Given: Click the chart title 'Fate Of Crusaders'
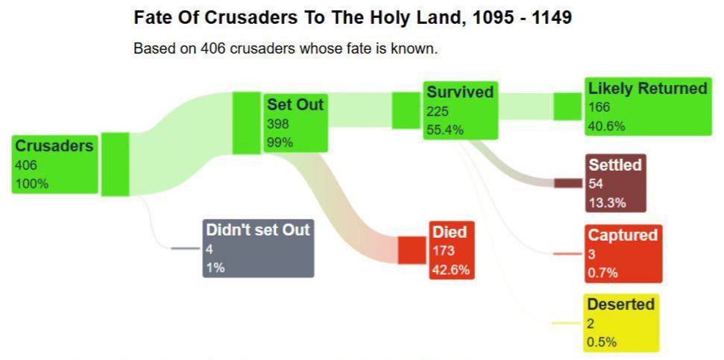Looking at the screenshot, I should coord(352,18).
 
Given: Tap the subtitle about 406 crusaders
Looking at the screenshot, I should coord(286,48).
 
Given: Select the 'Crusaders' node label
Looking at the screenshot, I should coord(54,146).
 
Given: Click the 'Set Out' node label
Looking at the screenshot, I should coord(295,105).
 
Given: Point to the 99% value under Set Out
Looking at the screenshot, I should coord(280,142).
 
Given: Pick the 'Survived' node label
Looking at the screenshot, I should coord(460,92).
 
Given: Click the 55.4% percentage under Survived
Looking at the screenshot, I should coord(445,130).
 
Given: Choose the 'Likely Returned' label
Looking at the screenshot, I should coord(647,89).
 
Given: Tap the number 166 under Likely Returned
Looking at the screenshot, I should coord(599,107).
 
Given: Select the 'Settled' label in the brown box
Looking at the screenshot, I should coord(614,165).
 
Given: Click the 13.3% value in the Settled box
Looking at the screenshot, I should coord(607,202).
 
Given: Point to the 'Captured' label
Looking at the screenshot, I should coord(623,236).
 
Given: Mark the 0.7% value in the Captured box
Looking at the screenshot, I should coord(602,273).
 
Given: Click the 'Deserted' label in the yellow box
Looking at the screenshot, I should coord(620,304).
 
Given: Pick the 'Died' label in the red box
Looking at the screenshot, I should coord(449,233).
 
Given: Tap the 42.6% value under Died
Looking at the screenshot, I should coord(451,270).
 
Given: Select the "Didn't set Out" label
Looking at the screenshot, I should coord(257,230).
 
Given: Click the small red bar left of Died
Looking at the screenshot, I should coord(411,250).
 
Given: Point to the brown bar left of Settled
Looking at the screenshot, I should coord(567,183).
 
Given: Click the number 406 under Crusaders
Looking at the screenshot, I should coord(25,165).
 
